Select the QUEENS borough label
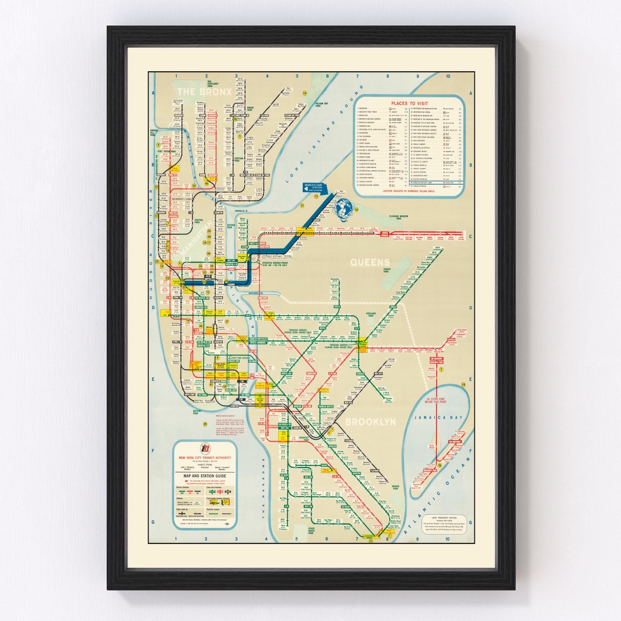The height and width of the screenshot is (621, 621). click(x=370, y=262)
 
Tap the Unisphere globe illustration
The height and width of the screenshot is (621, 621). click(x=343, y=208)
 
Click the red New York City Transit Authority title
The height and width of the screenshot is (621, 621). click(x=205, y=457)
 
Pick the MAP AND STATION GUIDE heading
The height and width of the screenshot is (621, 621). click(x=205, y=477)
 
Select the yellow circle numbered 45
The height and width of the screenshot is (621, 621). click(x=356, y=209)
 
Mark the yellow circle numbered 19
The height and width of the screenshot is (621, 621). click(x=463, y=385)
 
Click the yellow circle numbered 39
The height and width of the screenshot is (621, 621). click(x=205, y=424)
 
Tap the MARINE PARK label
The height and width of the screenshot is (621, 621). click(x=395, y=488)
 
